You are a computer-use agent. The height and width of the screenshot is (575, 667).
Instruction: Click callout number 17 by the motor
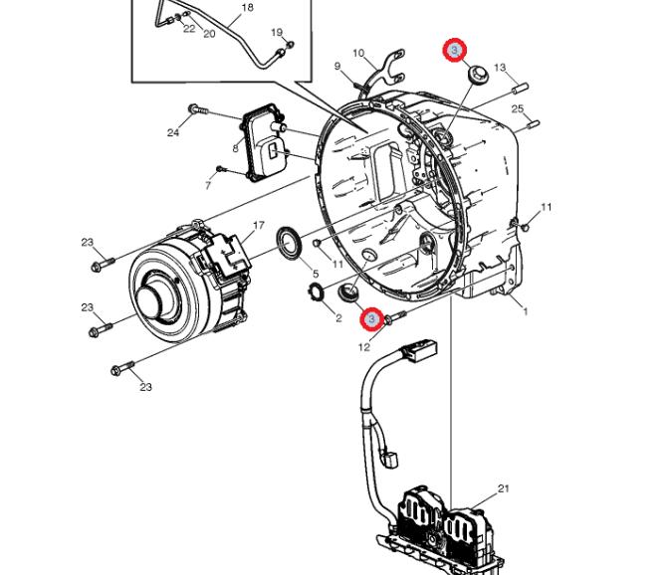(259, 225)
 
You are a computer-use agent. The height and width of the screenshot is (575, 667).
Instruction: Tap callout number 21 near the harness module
(504, 488)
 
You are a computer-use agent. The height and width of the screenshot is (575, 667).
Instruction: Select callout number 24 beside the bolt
(173, 132)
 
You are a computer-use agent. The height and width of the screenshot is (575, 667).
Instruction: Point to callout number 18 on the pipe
(248, 7)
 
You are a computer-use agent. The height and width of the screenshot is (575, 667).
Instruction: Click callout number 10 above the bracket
(358, 53)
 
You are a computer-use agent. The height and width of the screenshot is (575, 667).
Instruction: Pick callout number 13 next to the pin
(500, 67)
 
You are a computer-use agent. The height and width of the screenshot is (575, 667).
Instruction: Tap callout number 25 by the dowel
(518, 108)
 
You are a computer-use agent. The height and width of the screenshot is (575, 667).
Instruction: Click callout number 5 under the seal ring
(316, 274)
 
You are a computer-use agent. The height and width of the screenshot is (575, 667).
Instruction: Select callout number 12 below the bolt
(364, 347)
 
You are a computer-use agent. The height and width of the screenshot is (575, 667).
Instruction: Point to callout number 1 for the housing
(526, 311)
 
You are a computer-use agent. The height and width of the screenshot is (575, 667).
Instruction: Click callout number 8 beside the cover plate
(235, 149)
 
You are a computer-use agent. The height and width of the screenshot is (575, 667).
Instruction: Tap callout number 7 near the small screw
(208, 185)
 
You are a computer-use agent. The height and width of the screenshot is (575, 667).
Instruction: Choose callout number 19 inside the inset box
(277, 32)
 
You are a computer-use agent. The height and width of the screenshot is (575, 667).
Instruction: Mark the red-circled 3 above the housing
(455, 51)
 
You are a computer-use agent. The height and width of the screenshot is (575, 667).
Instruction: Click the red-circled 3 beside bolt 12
(372, 318)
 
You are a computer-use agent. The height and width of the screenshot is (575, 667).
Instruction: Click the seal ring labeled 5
(290, 242)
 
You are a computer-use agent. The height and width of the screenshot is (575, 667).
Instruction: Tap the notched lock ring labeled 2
(316, 291)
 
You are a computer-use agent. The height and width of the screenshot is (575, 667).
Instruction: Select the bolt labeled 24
(198, 109)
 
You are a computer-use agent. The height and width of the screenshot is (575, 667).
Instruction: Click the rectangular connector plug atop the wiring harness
(421, 349)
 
